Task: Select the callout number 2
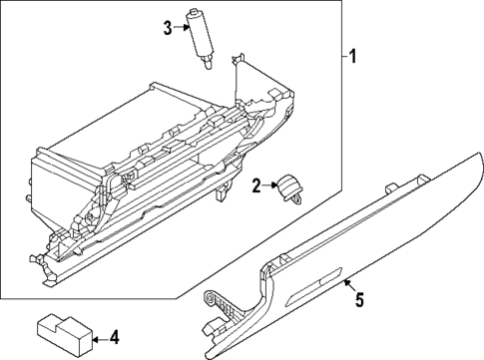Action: coord(256,184)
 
